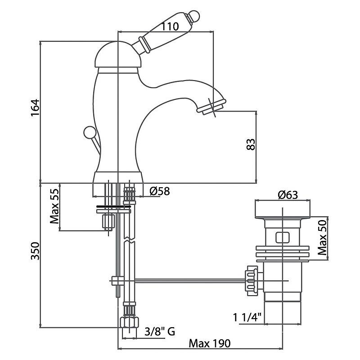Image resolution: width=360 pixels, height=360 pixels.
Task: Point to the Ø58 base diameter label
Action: (x=160, y=191)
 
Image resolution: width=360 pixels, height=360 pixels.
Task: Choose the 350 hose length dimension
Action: (x=36, y=255)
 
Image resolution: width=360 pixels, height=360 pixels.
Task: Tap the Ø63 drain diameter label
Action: (x=288, y=195)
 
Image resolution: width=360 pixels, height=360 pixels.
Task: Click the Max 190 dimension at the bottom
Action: (x=209, y=343)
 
